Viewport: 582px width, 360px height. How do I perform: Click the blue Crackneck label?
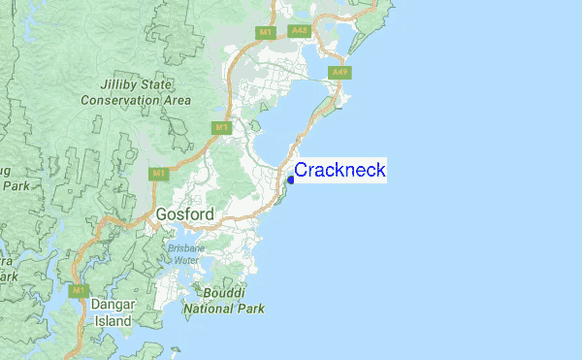339,171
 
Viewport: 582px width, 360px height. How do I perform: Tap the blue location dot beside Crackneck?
291,180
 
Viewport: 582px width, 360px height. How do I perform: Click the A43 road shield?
299,31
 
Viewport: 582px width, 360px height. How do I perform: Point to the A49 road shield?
339,73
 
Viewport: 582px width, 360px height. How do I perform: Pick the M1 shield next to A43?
266,32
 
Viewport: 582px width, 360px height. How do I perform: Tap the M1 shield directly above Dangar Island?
79,289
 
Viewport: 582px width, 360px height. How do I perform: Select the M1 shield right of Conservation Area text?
222,127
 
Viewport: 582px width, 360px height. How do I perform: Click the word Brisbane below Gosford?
184,247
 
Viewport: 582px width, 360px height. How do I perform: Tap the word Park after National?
250,309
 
